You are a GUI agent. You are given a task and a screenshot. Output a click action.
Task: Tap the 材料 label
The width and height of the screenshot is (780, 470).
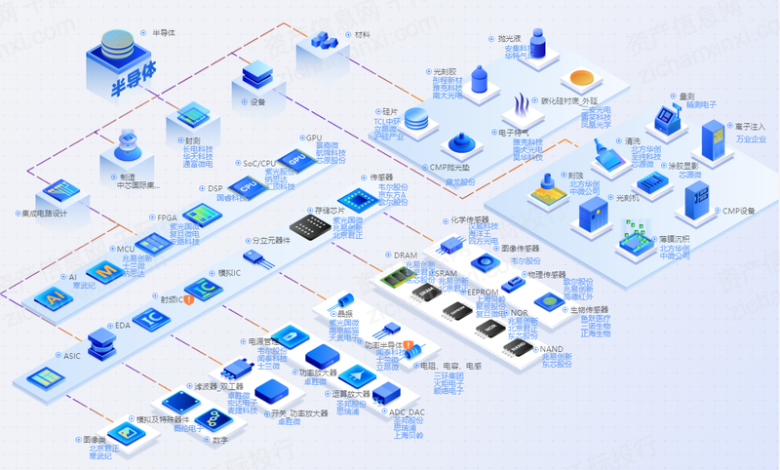363,33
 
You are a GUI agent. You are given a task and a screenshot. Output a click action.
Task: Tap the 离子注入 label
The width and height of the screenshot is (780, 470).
750,127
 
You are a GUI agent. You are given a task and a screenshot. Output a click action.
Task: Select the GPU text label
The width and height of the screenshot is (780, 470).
314,138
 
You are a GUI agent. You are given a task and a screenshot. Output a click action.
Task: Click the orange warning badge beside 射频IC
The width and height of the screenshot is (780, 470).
189,299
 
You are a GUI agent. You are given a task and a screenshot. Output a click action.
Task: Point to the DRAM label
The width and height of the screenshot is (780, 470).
405,255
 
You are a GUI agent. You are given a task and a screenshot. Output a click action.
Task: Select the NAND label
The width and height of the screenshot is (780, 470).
552,348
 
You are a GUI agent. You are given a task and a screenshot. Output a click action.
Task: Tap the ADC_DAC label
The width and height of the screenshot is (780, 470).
409,412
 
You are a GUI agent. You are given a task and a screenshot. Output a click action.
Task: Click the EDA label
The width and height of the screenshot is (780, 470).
123,325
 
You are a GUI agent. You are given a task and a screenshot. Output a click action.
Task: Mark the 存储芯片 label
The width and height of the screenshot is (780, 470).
330,209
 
